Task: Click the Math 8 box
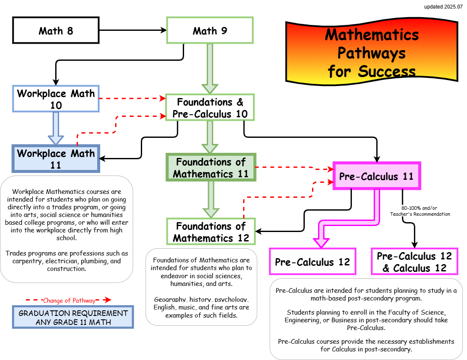click(x=56, y=30)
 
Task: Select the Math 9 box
click(x=210, y=30)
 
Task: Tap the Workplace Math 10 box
click(x=56, y=99)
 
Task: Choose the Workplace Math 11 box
click(x=56, y=159)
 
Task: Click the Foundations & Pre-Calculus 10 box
click(x=210, y=108)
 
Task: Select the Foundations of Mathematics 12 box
click(x=211, y=232)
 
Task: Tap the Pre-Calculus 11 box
click(x=377, y=176)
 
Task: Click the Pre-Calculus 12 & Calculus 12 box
click(x=414, y=262)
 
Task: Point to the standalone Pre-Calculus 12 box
click(x=312, y=262)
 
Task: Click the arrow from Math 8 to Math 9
click(x=133, y=30)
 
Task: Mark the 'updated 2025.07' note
click(x=443, y=7)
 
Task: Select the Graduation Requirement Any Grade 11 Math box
click(x=73, y=317)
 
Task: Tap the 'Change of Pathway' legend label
click(x=69, y=300)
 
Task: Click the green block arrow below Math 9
click(x=210, y=68)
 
